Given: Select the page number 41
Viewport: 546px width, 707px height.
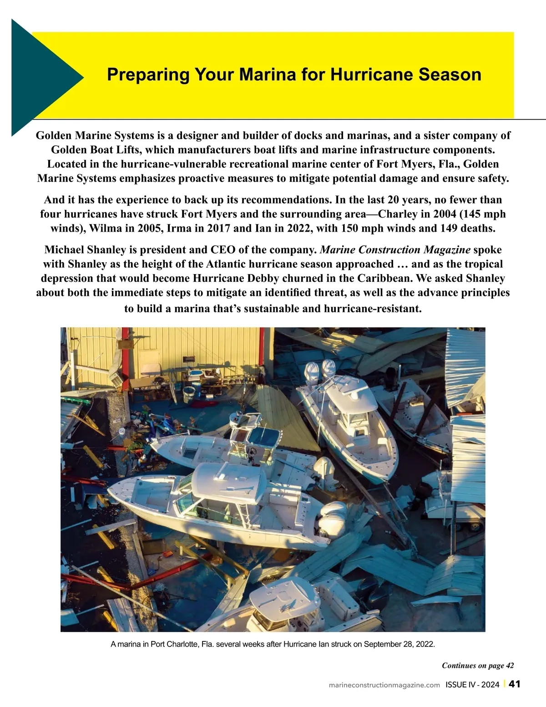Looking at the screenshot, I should [514, 684].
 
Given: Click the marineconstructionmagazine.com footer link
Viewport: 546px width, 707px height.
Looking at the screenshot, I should [384, 685].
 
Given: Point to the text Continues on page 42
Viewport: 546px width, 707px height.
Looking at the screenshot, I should [478, 666].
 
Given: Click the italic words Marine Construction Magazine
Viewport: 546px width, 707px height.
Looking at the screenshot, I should [395, 250].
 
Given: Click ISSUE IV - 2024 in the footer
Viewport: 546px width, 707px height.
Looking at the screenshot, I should [472, 685].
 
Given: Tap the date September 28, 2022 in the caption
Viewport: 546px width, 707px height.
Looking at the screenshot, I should [399, 644].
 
